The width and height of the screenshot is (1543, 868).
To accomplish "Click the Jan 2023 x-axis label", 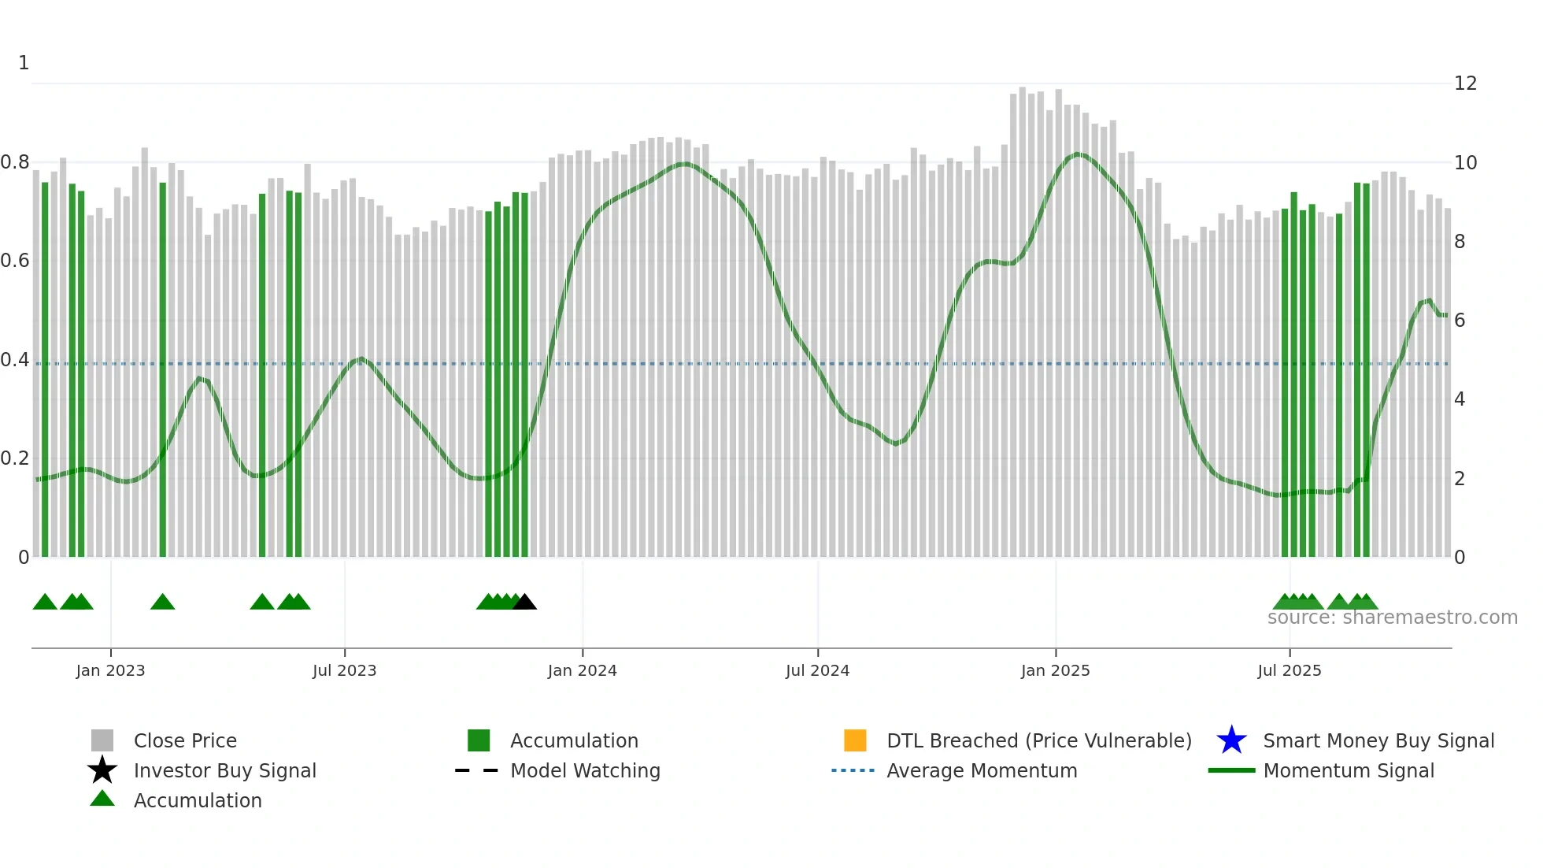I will tap(110, 670).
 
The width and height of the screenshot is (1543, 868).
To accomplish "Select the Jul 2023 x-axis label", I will tap(344, 670).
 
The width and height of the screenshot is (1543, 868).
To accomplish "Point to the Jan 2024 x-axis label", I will tap(582, 670).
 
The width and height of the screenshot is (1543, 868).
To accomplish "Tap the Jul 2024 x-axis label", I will tap(817, 670).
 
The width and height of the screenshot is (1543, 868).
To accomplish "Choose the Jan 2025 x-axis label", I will tap(1055, 670).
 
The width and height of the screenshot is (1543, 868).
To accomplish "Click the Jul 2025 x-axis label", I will tap(1289, 670).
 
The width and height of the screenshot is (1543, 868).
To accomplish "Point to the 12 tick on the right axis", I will tap(1465, 83).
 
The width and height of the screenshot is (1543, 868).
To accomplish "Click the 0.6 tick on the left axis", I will tap(15, 261).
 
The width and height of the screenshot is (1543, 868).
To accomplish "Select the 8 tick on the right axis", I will tap(1460, 242).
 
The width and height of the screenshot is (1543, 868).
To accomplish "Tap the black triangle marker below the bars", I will tap(524, 603).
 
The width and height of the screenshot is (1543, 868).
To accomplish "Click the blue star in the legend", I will tap(1231, 740).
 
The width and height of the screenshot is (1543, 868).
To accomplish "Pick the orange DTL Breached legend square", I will tap(855, 740).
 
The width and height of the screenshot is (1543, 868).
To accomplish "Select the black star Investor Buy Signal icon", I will tap(102, 770).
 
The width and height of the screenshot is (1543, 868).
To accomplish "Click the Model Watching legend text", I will tap(585, 770).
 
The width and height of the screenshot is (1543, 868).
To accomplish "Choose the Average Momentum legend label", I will tap(982, 770).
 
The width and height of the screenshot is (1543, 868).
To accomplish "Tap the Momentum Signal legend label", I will tap(1349, 770).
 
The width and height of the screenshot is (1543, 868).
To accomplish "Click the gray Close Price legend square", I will tap(102, 740).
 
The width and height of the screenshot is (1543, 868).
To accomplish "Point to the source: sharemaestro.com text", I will tap(1392, 618).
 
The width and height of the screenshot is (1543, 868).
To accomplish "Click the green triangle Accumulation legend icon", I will tap(102, 799).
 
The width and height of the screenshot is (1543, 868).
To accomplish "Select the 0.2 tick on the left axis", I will tap(15, 458).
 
